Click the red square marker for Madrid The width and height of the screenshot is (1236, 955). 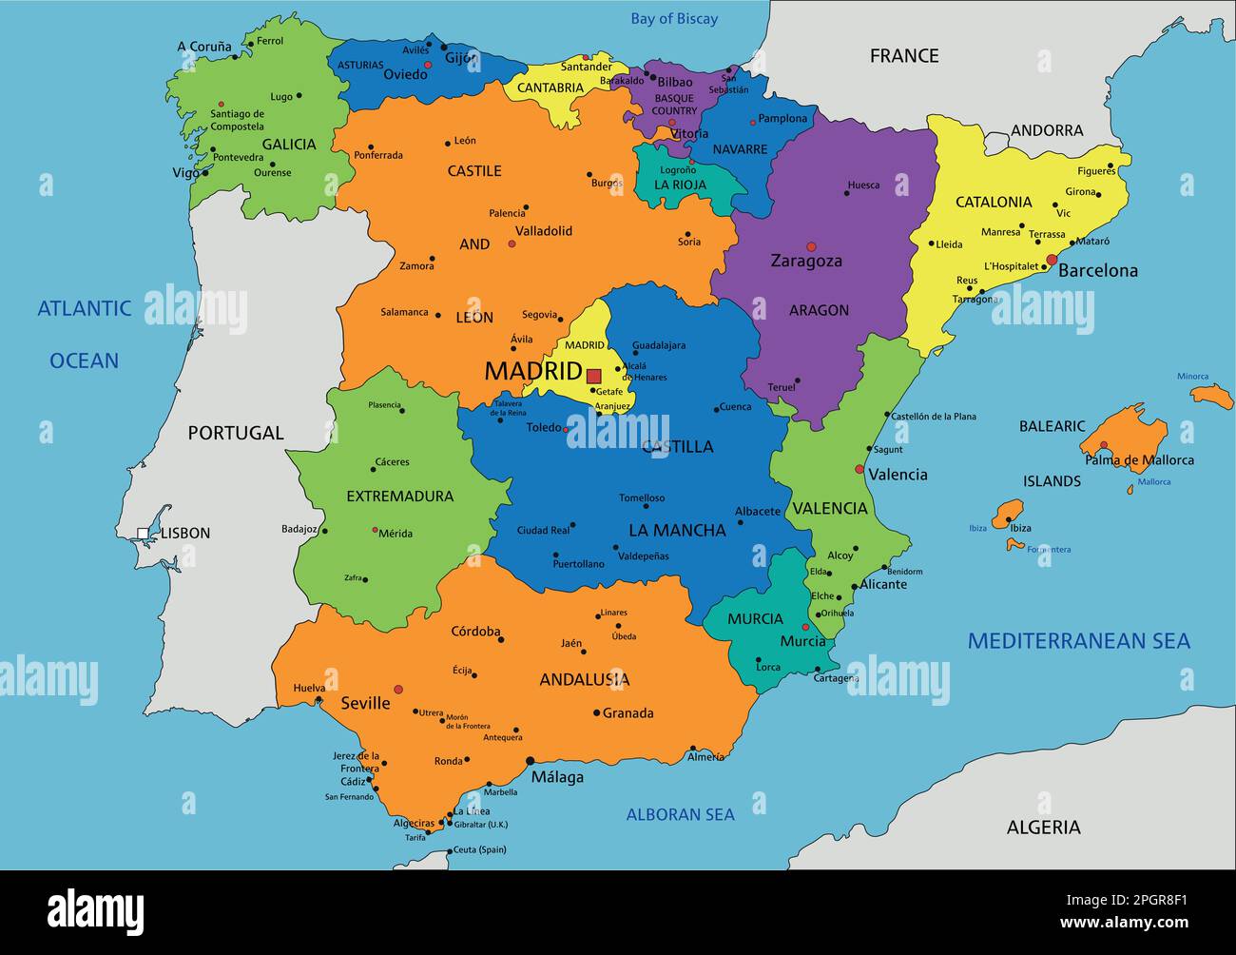[x=593, y=376]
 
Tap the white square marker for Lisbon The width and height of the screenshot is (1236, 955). [x=143, y=534]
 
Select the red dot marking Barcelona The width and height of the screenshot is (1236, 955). [x=1052, y=260]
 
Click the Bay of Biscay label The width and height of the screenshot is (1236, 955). [x=674, y=19]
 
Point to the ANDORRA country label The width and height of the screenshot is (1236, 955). [x=1046, y=130]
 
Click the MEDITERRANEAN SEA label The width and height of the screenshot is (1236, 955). [x=1078, y=641]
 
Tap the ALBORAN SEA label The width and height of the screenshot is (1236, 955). [x=680, y=814]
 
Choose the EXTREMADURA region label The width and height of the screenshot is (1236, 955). [x=399, y=496]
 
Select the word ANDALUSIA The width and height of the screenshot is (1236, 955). [x=584, y=679]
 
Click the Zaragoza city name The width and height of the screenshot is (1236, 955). [x=806, y=261]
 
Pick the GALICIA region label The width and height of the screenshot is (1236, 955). [x=289, y=145]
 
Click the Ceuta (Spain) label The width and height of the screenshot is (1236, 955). [x=479, y=849]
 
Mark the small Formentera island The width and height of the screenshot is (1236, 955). [x=1015, y=545]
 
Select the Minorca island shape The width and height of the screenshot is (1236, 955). [x=1212, y=396]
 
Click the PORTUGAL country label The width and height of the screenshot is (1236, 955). [x=236, y=433]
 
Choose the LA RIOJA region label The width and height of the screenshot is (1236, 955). [x=681, y=185]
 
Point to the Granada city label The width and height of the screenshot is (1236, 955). [x=628, y=712]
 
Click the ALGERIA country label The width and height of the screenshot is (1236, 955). [x=1043, y=828]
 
